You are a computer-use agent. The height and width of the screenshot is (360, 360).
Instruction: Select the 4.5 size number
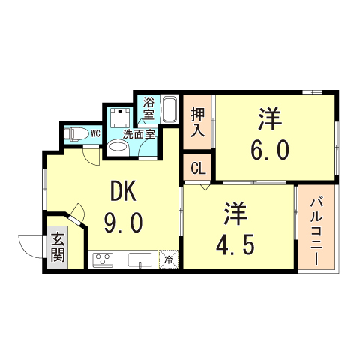click(232, 246)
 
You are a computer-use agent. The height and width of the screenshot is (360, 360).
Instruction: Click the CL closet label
click(197, 168)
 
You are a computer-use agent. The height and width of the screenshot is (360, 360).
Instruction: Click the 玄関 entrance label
click(58, 247)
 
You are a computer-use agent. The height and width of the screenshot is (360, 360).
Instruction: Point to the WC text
click(95, 133)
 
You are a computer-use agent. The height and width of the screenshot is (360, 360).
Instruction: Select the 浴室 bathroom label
click(148, 109)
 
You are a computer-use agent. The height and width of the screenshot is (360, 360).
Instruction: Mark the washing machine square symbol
click(118, 118)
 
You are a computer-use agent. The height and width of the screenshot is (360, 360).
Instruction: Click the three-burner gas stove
click(103, 260)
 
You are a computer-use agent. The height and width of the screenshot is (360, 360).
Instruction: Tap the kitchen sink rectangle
click(140, 260)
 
